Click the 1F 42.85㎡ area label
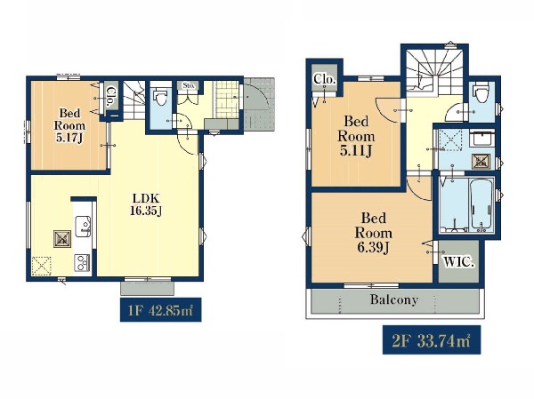point(161,310)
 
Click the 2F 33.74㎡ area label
point(432,339)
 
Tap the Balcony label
point(394,299)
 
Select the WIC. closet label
point(458,261)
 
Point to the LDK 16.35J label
point(146,204)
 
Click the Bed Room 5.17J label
point(69,125)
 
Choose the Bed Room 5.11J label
point(356,136)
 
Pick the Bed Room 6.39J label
point(373,233)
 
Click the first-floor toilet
point(159,96)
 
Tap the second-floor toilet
point(481,92)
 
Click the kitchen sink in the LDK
point(83,227)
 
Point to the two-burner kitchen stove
point(82,263)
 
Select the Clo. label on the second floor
point(325,79)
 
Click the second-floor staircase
point(434,71)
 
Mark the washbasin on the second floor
point(481,138)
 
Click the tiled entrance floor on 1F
point(226,100)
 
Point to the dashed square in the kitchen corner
point(42,266)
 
